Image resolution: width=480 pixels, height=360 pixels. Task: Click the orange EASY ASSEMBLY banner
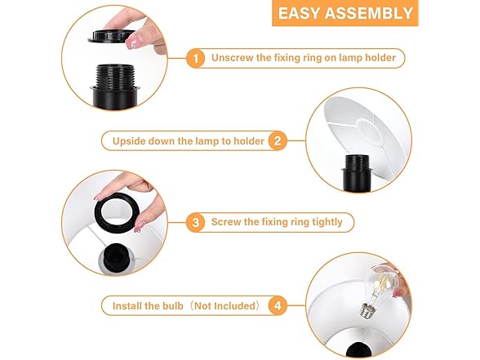click(x=344, y=13)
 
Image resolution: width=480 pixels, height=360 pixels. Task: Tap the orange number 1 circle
click(x=195, y=59)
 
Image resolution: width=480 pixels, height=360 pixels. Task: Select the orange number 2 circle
click(x=278, y=140)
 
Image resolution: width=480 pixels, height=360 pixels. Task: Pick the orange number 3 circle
click(x=195, y=222)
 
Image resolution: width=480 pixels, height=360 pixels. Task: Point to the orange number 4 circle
click(x=278, y=306)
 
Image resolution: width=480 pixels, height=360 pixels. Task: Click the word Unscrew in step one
click(x=232, y=59)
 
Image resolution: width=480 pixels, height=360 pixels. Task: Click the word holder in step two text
click(x=247, y=141)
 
